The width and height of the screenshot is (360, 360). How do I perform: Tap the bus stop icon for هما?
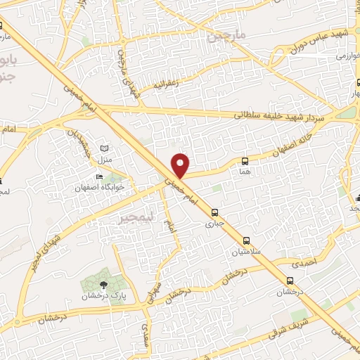(x=244, y=161)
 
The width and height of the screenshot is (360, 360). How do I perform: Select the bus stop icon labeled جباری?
(x=214, y=212)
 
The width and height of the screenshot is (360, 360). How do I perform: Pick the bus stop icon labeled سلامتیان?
(x=245, y=239)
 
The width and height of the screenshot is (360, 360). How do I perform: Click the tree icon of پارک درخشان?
(x=104, y=284)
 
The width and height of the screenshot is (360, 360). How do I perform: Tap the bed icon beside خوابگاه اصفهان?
(x=98, y=176)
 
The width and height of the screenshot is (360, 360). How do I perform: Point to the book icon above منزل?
(x=105, y=148)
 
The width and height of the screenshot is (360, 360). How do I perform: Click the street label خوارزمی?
(x=349, y=56)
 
